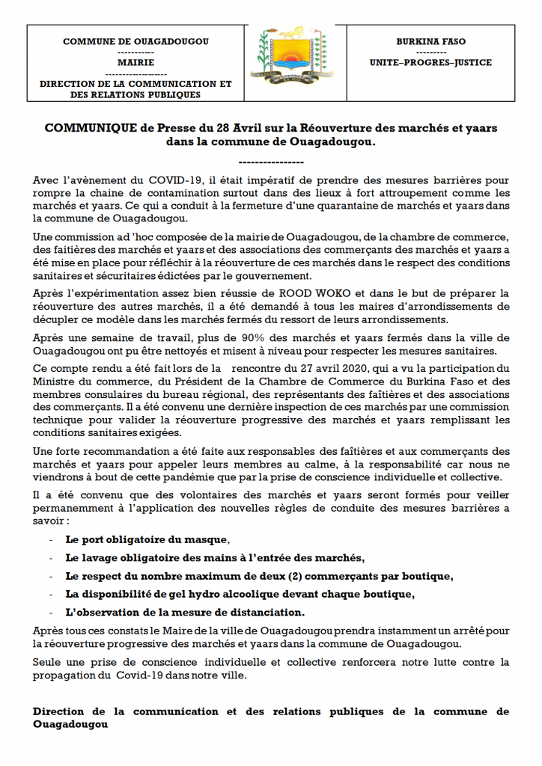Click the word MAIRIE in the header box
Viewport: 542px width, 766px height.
pyautogui.click(x=135, y=64)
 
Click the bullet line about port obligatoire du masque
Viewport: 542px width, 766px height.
pyautogui.click(x=147, y=539)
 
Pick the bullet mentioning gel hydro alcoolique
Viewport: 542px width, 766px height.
pyautogui.click(x=240, y=594)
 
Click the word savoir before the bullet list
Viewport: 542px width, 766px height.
pyautogui.click(x=49, y=521)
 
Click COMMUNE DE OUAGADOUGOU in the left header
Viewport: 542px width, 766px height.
pyautogui.click(x=135, y=43)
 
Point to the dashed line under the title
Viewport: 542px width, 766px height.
pyautogui.click(x=270, y=162)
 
